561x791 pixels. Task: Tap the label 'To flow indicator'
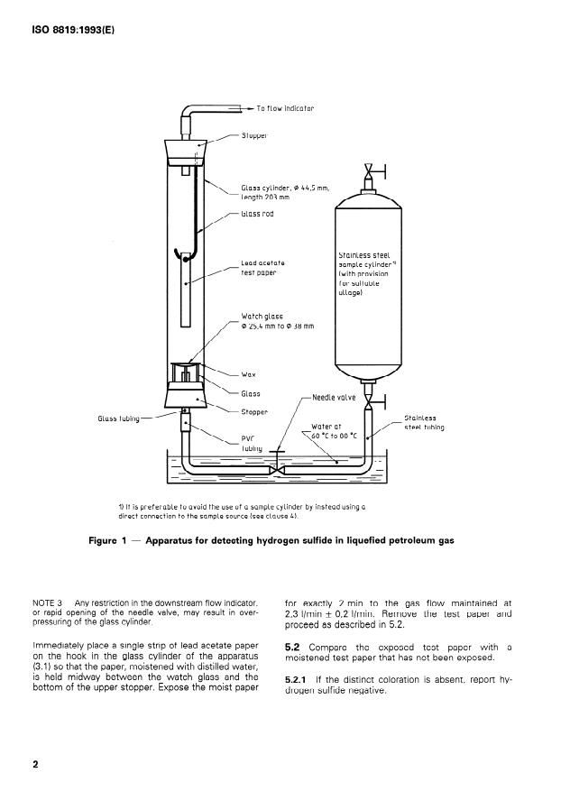pos(285,108)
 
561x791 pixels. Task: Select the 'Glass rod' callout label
pos(257,214)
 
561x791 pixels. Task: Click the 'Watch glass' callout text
pos(262,317)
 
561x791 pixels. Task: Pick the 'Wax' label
pos(249,373)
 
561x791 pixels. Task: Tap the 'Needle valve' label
pos(336,397)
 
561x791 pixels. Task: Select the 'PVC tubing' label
pos(252,442)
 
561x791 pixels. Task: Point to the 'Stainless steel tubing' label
pos(424,422)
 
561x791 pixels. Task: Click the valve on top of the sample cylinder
pos(368,170)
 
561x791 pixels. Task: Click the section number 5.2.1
pos(299,678)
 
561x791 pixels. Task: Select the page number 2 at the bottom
pos(36,765)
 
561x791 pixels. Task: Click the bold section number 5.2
pos(294,646)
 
